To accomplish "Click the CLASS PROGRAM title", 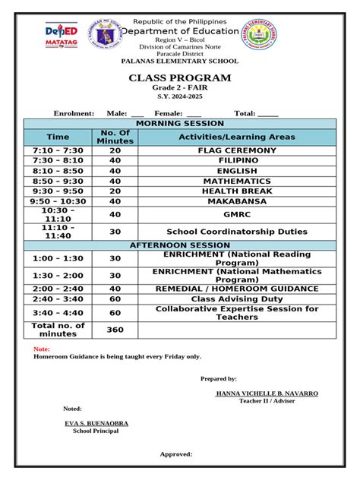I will point(180,78).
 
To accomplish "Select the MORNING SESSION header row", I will point(179,123).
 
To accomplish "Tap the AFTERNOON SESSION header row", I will point(179,245).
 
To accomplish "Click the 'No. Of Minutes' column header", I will point(115,137).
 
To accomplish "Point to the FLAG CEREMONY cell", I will point(236,151).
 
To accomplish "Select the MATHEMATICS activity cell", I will point(236,182).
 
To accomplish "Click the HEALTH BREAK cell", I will point(236,191).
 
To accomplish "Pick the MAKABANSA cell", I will point(236,201).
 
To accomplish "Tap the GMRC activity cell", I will point(236,215).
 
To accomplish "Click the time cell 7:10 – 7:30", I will point(58,151).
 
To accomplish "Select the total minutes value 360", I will point(115,330).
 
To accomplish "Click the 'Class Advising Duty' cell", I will point(236,299).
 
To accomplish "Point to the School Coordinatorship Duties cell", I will point(236,232).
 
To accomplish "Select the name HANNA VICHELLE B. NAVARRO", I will point(267,393).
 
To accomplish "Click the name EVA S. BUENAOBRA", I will point(95,423).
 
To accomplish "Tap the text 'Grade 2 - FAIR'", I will point(180,89).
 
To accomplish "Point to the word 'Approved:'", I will point(175,454).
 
